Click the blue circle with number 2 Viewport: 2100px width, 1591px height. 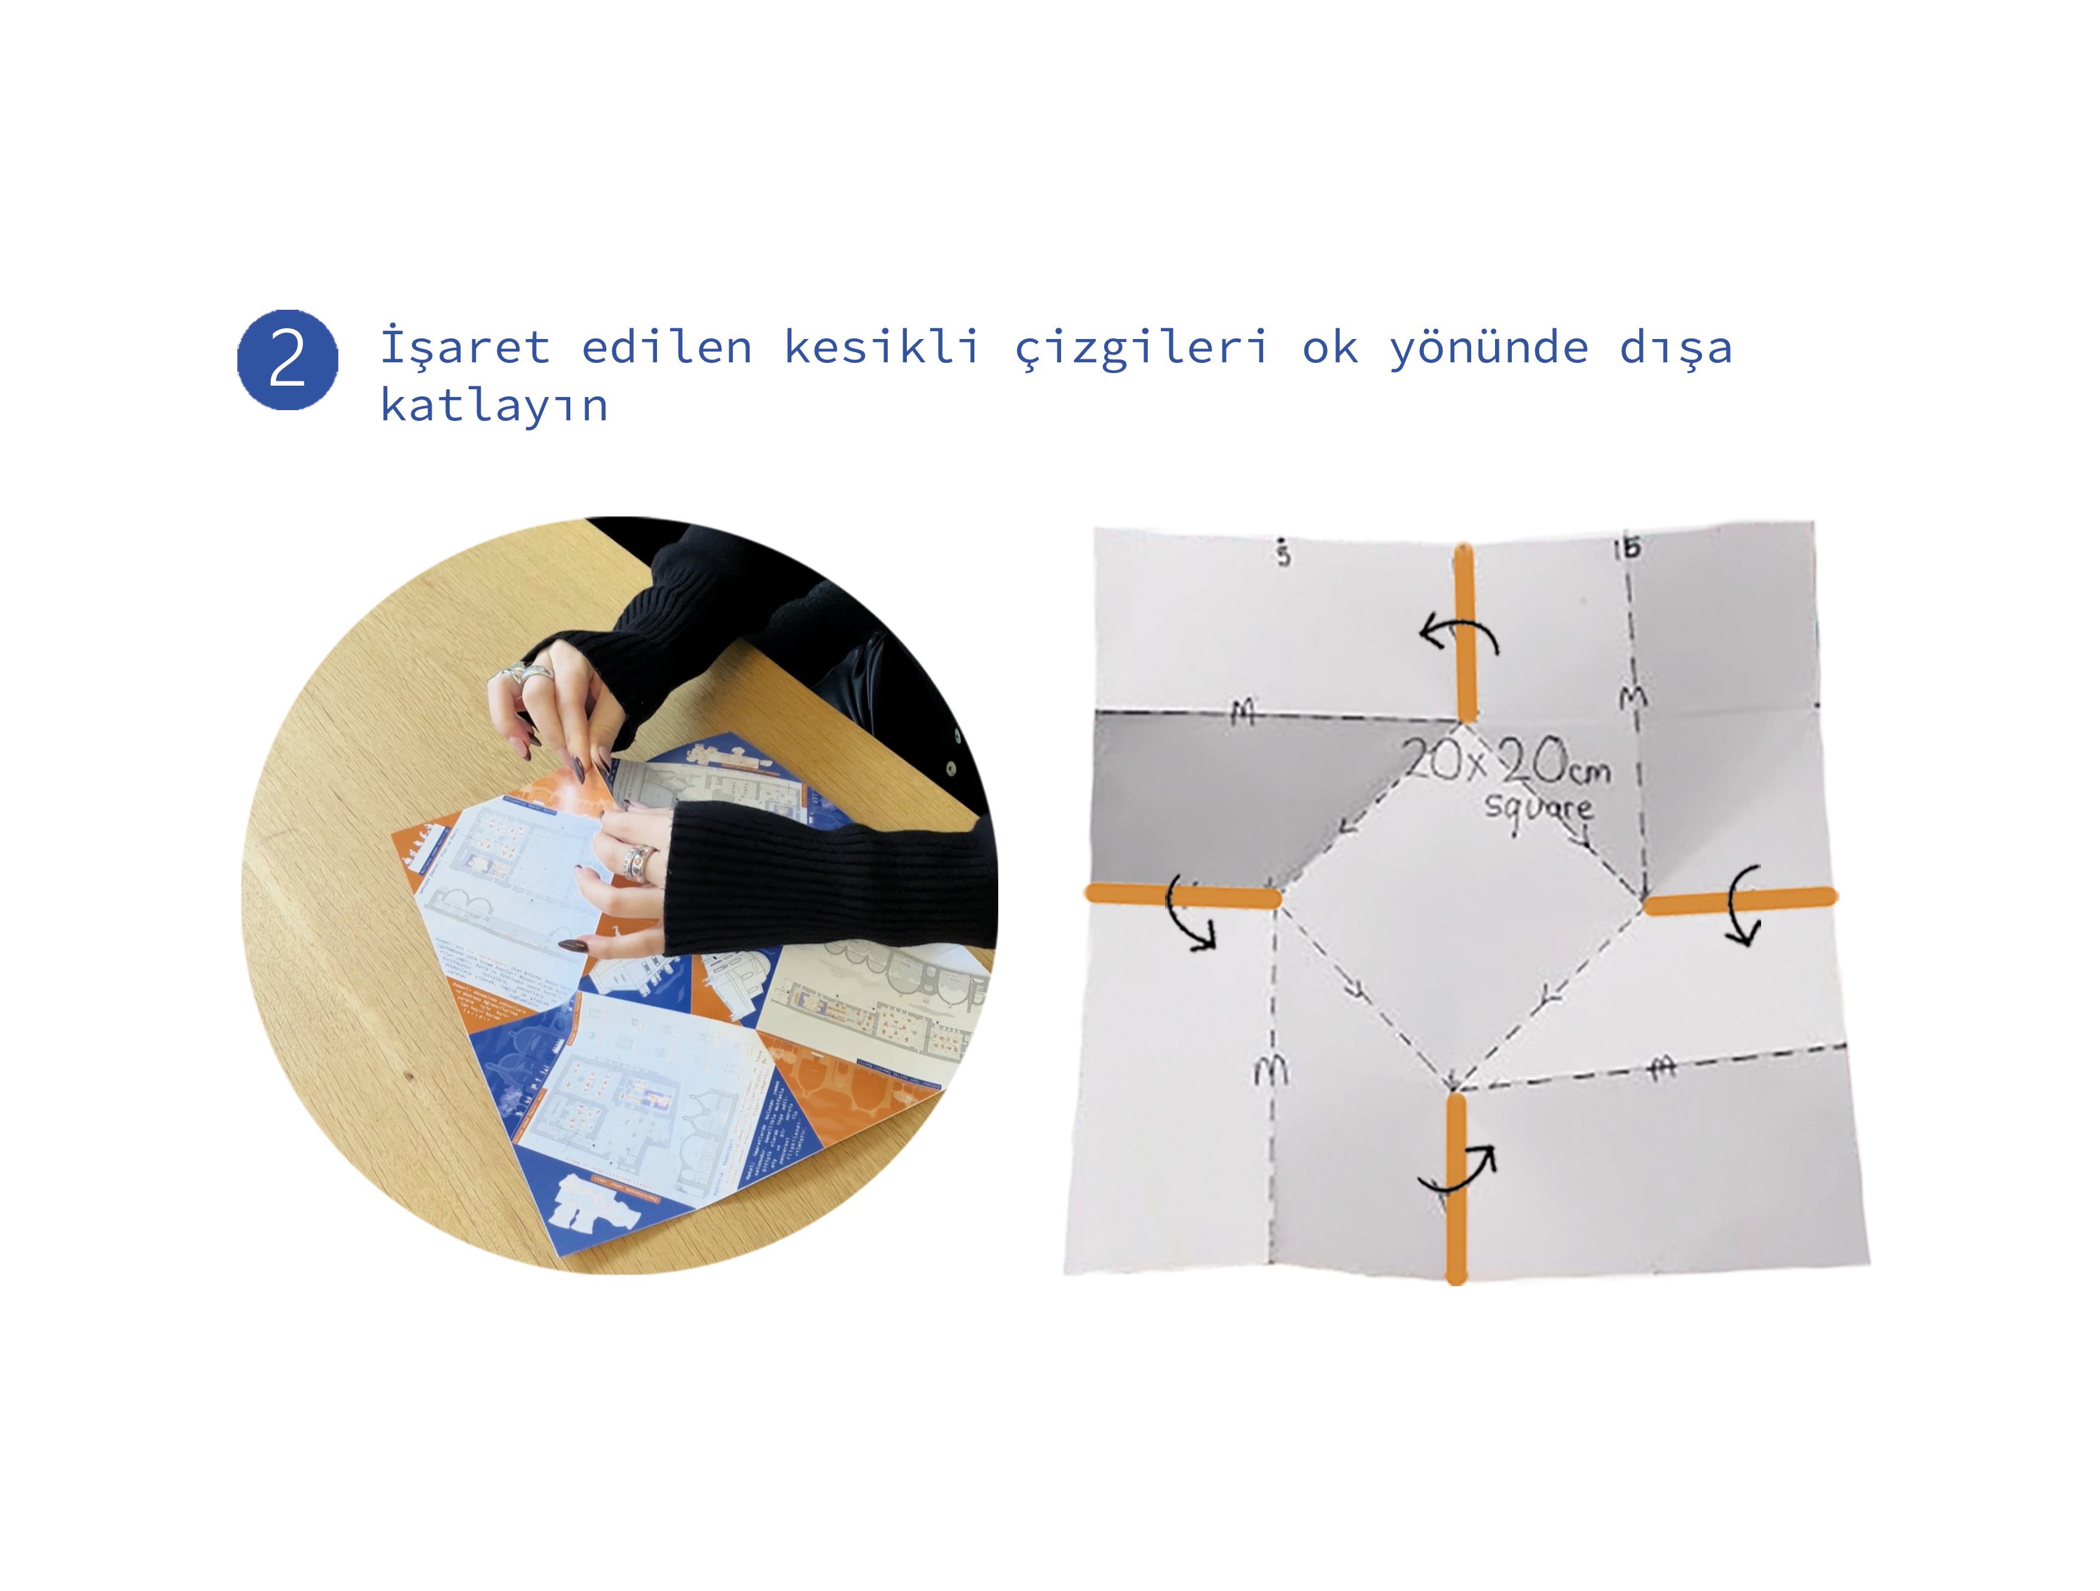pyautogui.click(x=287, y=360)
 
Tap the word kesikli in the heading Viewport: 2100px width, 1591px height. pyautogui.click(x=881, y=347)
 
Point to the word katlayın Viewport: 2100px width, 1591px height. pyautogui.click(x=494, y=407)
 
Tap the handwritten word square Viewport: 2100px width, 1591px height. pyautogui.click(x=1538, y=809)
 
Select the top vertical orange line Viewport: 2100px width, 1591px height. pyautogui.click(x=1466, y=631)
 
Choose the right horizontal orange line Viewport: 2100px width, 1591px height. pyautogui.click(x=1740, y=899)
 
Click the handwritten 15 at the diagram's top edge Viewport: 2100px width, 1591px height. pyautogui.click(x=1627, y=548)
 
